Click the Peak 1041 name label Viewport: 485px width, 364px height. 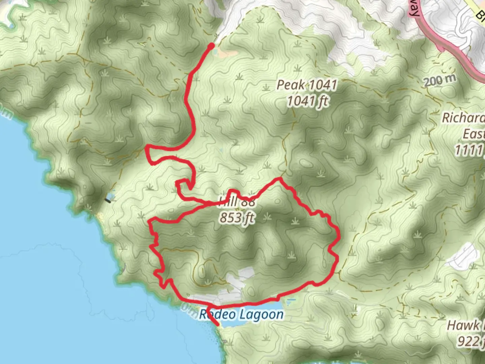coord(306,85)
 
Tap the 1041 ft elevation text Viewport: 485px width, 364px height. coord(307,101)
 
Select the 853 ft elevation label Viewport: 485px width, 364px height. coord(237,218)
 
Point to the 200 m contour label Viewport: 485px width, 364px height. coord(440,81)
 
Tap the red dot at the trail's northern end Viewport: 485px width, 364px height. coord(212,45)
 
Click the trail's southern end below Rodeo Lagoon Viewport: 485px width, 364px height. coord(218,325)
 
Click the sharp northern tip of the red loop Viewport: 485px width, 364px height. coord(279,178)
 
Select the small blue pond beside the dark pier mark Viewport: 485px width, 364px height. coord(110,195)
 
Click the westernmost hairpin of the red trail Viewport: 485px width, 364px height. coord(147,148)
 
